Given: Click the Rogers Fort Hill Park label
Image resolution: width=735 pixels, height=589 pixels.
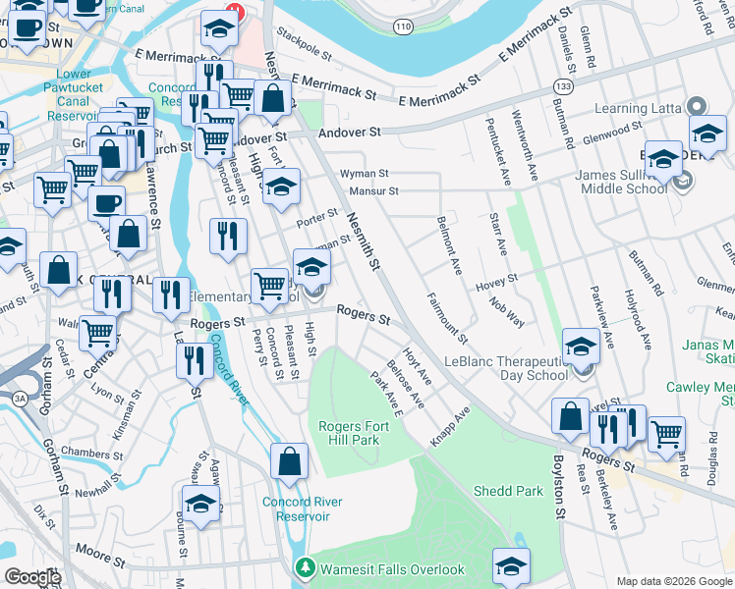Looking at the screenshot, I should click(348, 433).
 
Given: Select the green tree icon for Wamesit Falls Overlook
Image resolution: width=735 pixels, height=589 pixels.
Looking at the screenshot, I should click(306, 568).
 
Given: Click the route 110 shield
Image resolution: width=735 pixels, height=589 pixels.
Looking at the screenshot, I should click(401, 27).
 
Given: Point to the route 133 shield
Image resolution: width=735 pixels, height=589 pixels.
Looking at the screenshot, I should click(563, 87).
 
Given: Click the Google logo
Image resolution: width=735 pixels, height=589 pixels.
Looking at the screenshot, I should click(31, 577).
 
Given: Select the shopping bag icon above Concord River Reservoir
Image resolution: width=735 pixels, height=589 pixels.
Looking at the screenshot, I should click(290, 461).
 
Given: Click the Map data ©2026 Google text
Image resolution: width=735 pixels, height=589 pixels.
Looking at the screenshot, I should click(673, 581).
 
